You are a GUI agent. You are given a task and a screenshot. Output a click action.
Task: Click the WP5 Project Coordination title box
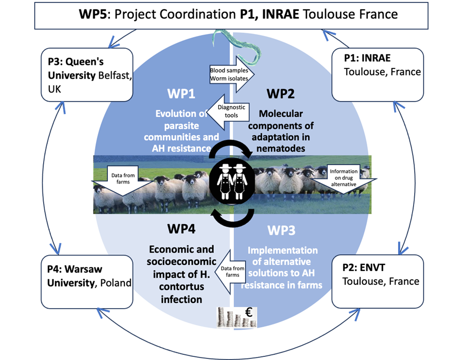point(238,14)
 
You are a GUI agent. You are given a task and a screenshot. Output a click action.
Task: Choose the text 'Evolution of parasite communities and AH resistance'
point(181,131)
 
